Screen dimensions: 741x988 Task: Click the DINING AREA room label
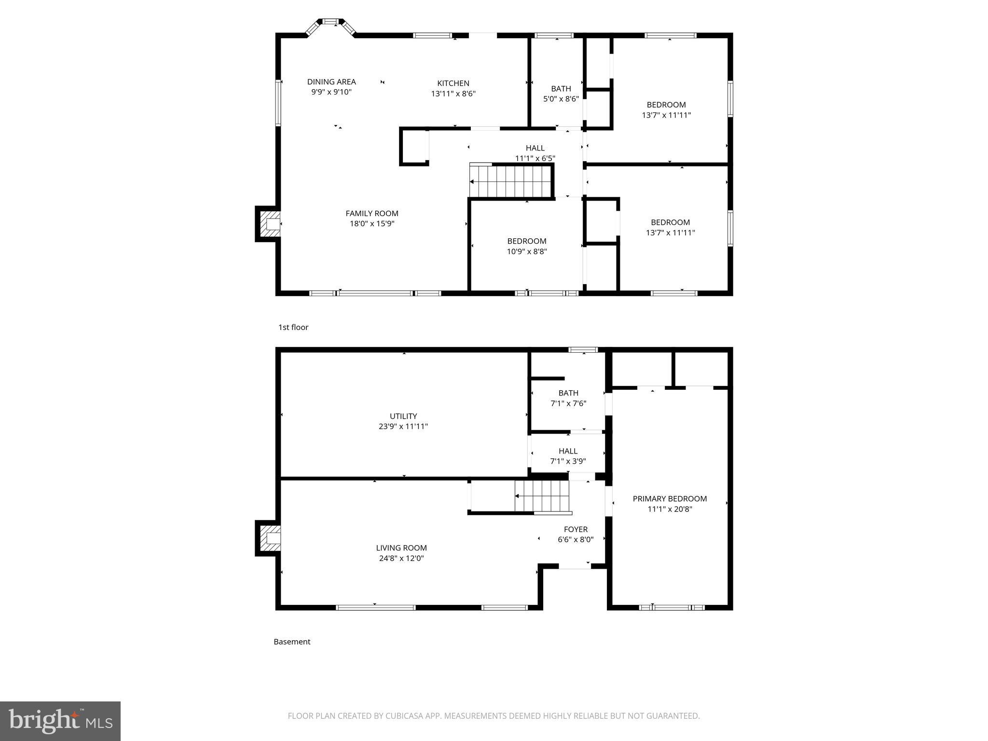[x=331, y=82]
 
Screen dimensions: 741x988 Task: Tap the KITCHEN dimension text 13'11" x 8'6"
[x=453, y=94]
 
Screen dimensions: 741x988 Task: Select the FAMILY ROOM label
[x=372, y=213]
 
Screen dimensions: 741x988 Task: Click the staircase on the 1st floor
[x=511, y=181]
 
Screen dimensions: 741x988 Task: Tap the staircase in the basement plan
[x=543, y=496]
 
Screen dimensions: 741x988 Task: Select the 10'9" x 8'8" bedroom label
[x=527, y=246]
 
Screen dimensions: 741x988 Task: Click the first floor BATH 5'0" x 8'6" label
[x=561, y=94]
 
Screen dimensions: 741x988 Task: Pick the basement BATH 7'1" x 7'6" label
[x=568, y=398]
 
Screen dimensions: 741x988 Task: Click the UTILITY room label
[x=403, y=416]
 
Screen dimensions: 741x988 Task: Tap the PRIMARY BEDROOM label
[x=670, y=499]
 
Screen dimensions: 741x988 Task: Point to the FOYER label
[x=576, y=529]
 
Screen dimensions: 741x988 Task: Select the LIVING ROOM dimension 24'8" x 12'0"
[x=401, y=559]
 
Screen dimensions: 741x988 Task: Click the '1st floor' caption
[x=293, y=327]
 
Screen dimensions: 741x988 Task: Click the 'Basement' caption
[x=292, y=642]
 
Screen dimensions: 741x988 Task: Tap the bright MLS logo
[x=60, y=721]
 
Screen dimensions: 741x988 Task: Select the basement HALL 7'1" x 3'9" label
[x=568, y=456]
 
